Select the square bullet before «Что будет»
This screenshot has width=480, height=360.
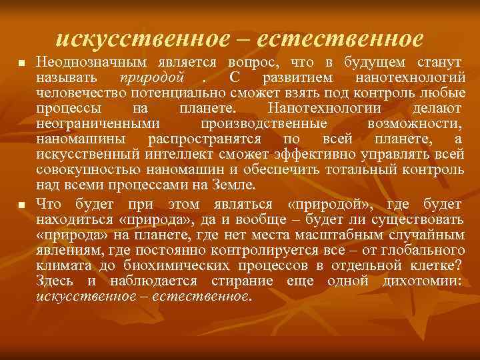pyautogui.click(x=21, y=205)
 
